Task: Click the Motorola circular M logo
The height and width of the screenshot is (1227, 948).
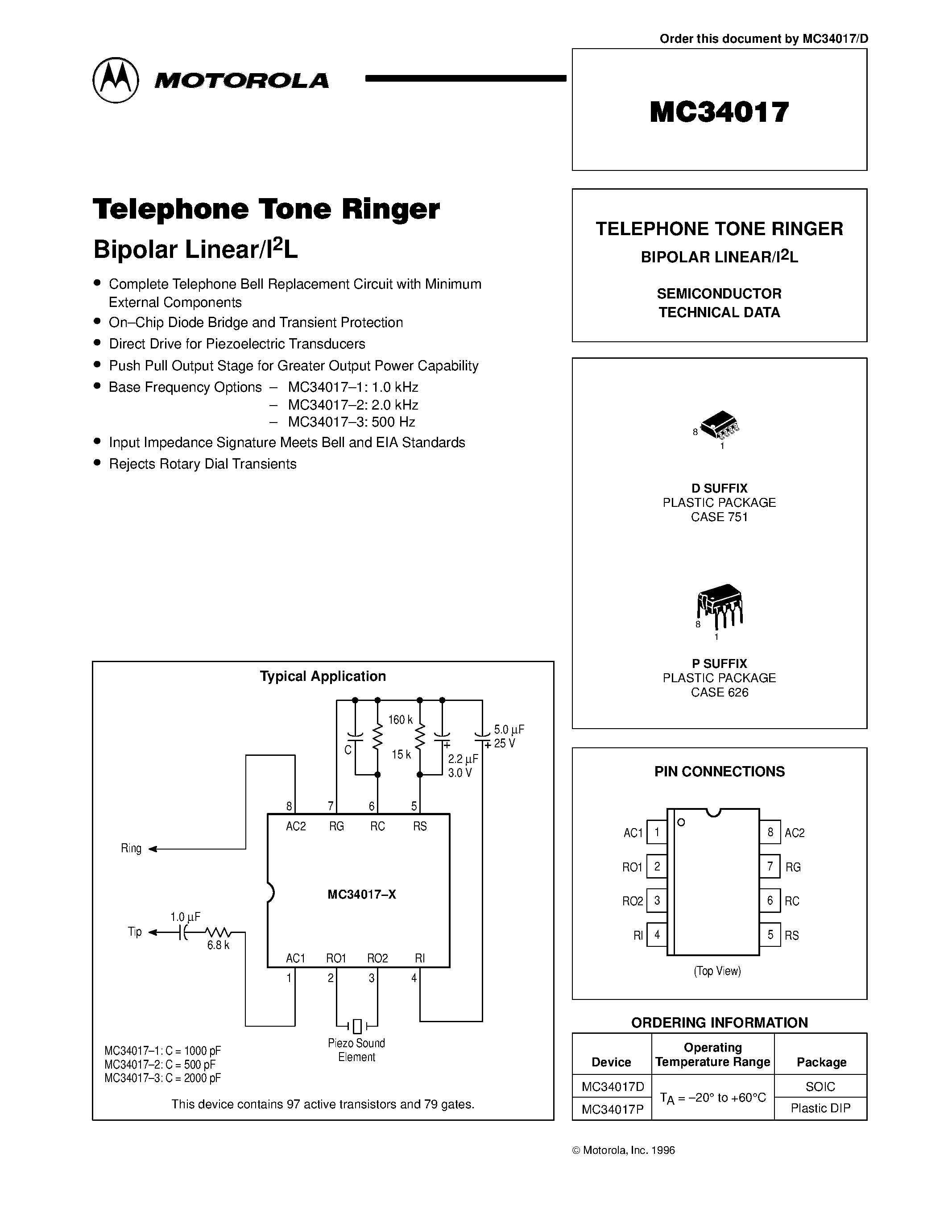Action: [x=115, y=80]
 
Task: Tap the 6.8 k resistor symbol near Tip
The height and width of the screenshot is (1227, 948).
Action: [x=218, y=932]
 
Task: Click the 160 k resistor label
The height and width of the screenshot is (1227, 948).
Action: [x=400, y=720]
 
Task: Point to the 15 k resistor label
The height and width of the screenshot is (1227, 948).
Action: [x=401, y=754]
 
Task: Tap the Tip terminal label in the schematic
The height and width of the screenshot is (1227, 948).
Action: [x=135, y=932]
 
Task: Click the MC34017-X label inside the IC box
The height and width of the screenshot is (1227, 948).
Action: [x=362, y=895]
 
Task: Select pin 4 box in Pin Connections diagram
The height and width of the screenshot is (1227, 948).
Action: [x=657, y=935]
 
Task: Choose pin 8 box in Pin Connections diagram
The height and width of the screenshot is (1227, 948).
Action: [x=770, y=832]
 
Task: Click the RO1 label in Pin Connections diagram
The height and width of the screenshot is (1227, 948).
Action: [x=632, y=867]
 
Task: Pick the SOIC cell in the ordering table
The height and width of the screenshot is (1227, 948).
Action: [x=820, y=1086]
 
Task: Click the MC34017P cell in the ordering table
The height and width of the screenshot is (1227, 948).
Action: [x=612, y=1108]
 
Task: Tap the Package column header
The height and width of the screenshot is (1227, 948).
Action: [x=821, y=1062]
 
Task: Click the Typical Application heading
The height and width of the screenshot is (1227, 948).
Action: [x=323, y=676]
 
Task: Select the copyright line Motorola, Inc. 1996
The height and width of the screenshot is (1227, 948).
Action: [x=623, y=1150]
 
